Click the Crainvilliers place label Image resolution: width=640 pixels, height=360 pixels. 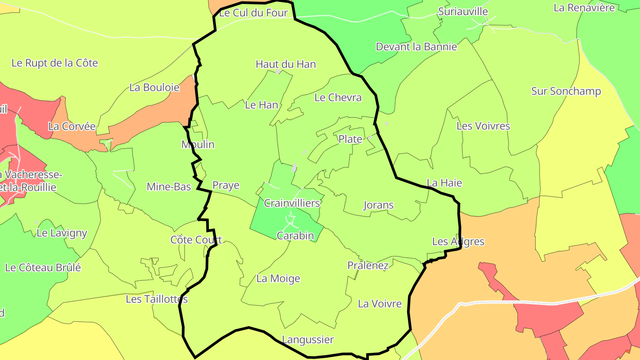292,203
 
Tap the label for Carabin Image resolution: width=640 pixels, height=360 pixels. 295,236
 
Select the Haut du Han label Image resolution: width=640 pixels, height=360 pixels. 286,64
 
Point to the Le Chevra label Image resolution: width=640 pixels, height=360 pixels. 338,97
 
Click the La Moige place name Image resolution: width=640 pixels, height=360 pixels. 278,279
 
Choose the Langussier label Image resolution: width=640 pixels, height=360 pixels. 308,340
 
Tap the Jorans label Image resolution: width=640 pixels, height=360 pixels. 379,205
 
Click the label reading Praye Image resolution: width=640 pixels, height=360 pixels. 226,185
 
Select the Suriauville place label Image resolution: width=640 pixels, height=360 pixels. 463,12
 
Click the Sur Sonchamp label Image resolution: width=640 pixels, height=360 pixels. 566,91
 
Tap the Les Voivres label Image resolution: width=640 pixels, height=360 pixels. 483,126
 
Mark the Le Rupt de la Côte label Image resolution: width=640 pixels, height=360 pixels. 54,63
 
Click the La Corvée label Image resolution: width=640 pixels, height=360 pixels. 72,126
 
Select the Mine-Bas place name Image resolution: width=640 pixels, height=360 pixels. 169,187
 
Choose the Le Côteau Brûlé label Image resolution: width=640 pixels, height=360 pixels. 43,268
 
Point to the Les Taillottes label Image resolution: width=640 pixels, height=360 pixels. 156,299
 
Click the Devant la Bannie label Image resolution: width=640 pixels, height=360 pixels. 416,47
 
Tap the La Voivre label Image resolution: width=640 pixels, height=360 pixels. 380,304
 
